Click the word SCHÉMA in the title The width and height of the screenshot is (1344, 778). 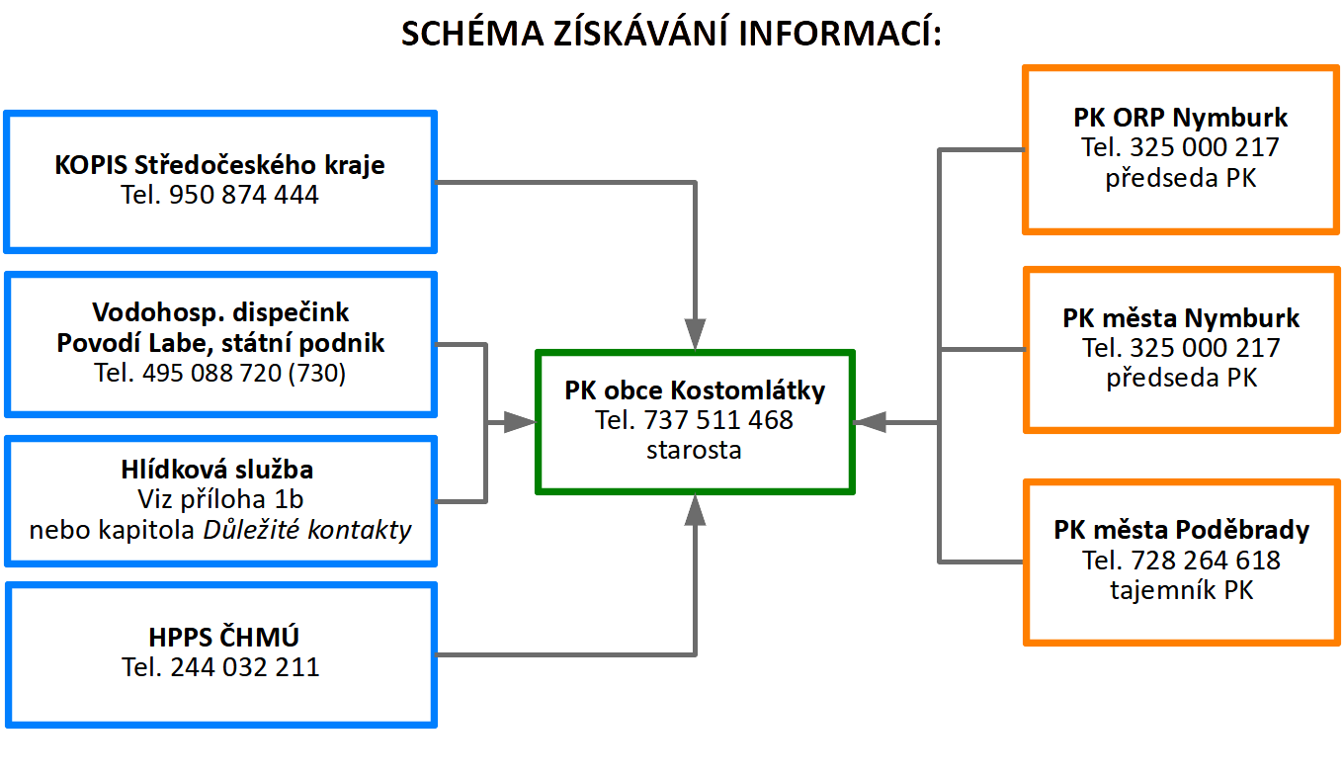(x=472, y=33)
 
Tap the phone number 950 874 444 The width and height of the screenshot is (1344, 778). (x=243, y=195)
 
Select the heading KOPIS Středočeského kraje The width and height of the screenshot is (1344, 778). (x=219, y=165)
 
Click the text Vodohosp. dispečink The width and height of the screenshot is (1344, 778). (x=220, y=312)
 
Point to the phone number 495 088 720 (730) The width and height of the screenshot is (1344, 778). (x=243, y=373)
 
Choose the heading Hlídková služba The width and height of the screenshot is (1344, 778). (x=217, y=470)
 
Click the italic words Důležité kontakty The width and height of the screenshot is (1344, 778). (x=307, y=530)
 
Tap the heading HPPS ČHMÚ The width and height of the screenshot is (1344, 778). (x=223, y=637)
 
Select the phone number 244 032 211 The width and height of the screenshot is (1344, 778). (x=245, y=667)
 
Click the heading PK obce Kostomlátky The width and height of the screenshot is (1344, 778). (x=695, y=390)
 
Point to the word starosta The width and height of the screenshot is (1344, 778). (x=694, y=450)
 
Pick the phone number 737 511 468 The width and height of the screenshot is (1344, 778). (x=718, y=420)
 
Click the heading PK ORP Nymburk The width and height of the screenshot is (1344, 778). (x=1180, y=117)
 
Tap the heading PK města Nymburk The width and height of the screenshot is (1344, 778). (x=1181, y=318)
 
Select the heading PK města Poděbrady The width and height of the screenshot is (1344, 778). (x=1181, y=530)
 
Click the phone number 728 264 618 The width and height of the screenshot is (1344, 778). (x=1206, y=561)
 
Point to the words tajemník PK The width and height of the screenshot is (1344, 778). (x=1181, y=590)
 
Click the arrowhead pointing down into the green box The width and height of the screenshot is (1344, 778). (x=695, y=334)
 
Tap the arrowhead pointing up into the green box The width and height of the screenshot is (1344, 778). (x=695, y=510)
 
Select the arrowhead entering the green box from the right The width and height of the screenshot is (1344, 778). (x=870, y=422)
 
